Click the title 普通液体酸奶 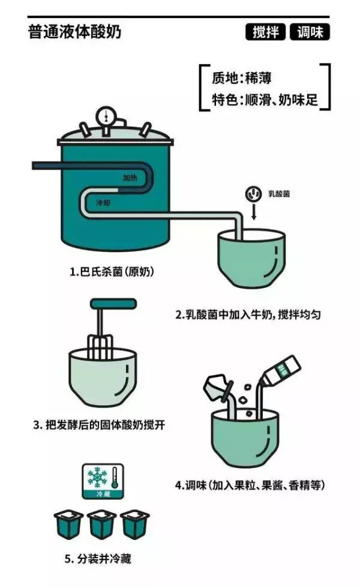click(x=74, y=32)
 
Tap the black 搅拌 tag click(x=266, y=32)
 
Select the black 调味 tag click(x=310, y=32)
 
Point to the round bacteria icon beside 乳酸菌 click(x=252, y=194)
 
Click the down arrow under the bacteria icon click(x=252, y=212)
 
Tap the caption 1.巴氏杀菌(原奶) click(x=112, y=272)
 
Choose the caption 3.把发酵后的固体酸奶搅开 click(x=99, y=426)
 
